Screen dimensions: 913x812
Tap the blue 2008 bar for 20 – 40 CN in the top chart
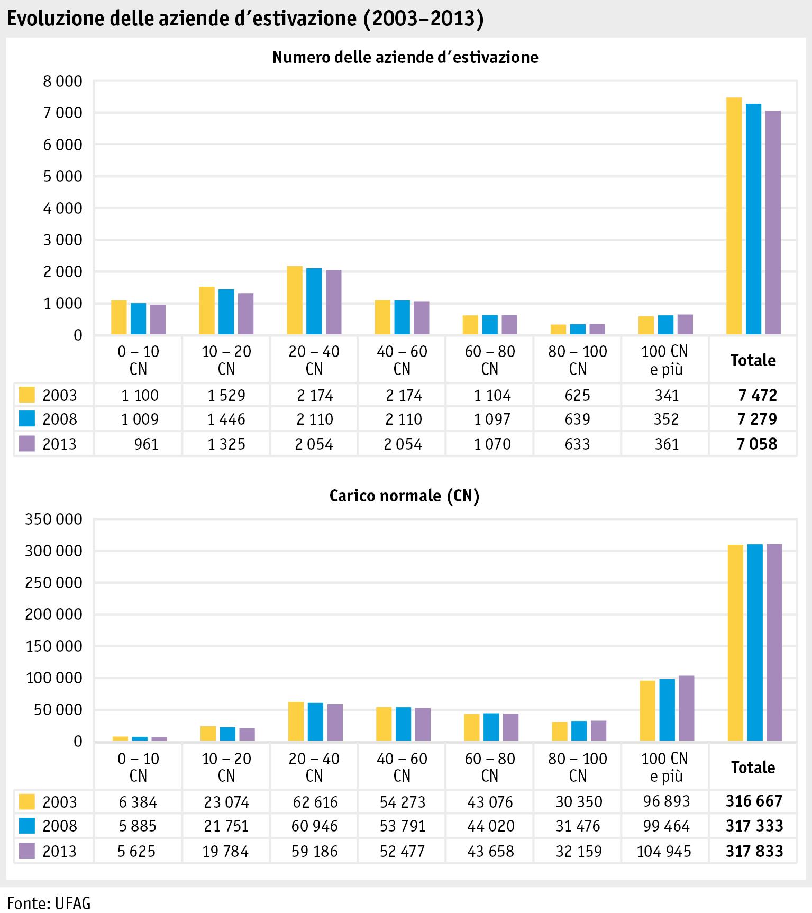[314, 302]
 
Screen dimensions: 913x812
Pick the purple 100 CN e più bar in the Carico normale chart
[686, 708]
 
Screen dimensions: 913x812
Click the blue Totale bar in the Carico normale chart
[755, 642]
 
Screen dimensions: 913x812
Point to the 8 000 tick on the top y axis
[63, 81]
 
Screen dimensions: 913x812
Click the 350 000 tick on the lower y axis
[54, 519]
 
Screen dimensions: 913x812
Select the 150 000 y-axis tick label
[54, 646]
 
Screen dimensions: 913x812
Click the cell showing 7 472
[758, 395]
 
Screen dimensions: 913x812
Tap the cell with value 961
[147, 444]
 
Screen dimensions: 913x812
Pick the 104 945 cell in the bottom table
[664, 851]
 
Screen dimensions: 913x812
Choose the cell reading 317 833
[754, 851]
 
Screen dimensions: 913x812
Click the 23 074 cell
[226, 802]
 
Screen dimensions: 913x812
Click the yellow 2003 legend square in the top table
[27, 395]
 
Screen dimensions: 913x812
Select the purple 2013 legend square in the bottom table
[27, 851]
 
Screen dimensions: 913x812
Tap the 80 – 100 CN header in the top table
[578, 360]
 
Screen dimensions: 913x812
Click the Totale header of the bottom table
[753, 768]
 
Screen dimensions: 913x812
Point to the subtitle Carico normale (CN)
[404, 496]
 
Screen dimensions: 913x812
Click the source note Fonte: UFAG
[45, 902]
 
